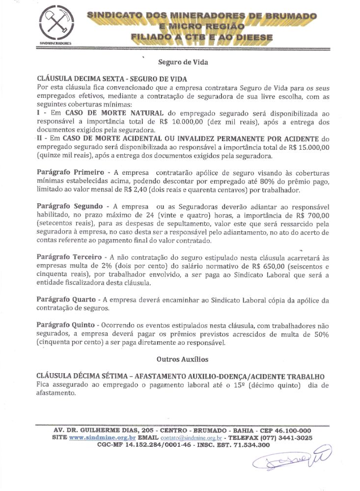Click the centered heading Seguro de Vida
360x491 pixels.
(183, 62)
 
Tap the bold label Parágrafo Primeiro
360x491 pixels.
(70, 173)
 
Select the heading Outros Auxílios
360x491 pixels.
(183, 360)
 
